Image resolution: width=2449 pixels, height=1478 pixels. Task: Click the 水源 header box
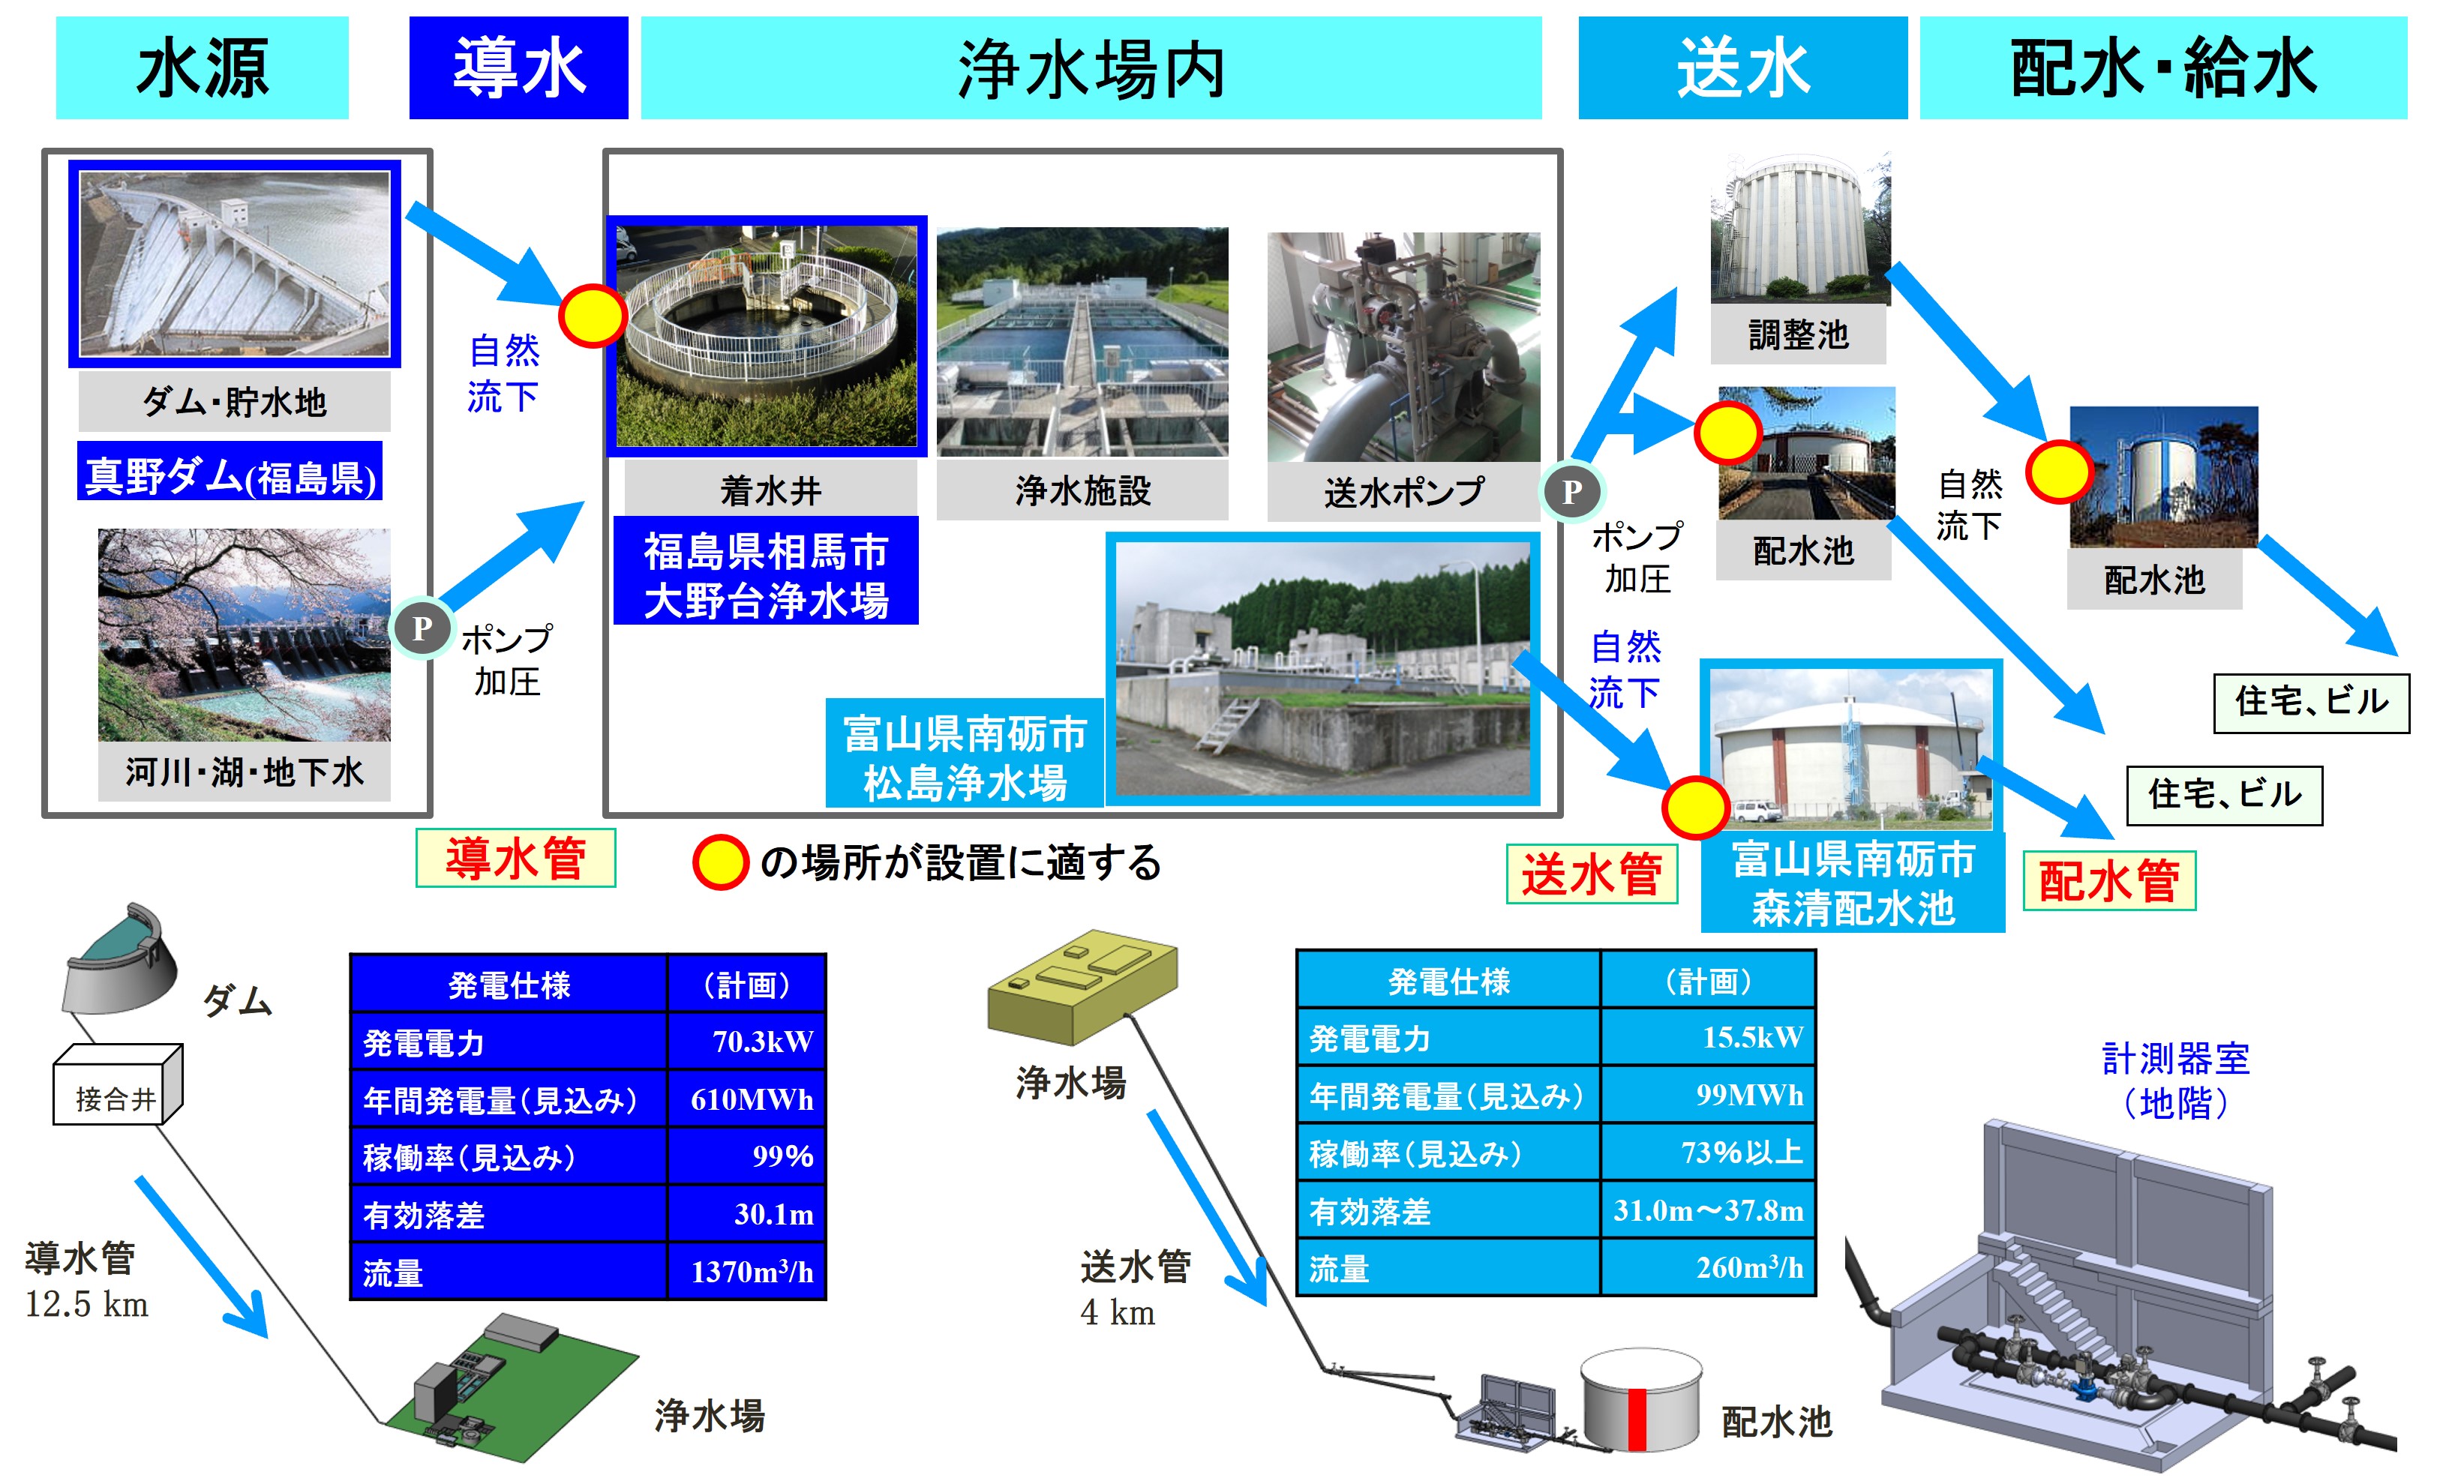[x=202, y=67]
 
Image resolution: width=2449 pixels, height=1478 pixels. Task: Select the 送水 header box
[x=1742, y=67]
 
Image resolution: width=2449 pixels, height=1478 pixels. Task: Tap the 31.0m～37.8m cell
[x=1707, y=1210]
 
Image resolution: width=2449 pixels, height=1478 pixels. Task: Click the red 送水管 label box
[x=1591, y=874]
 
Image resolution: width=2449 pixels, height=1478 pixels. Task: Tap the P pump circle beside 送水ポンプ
[x=1571, y=491]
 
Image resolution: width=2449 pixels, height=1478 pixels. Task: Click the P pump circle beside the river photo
[x=422, y=628]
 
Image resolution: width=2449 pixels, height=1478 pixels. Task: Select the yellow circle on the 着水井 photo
[x=593, y=315]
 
